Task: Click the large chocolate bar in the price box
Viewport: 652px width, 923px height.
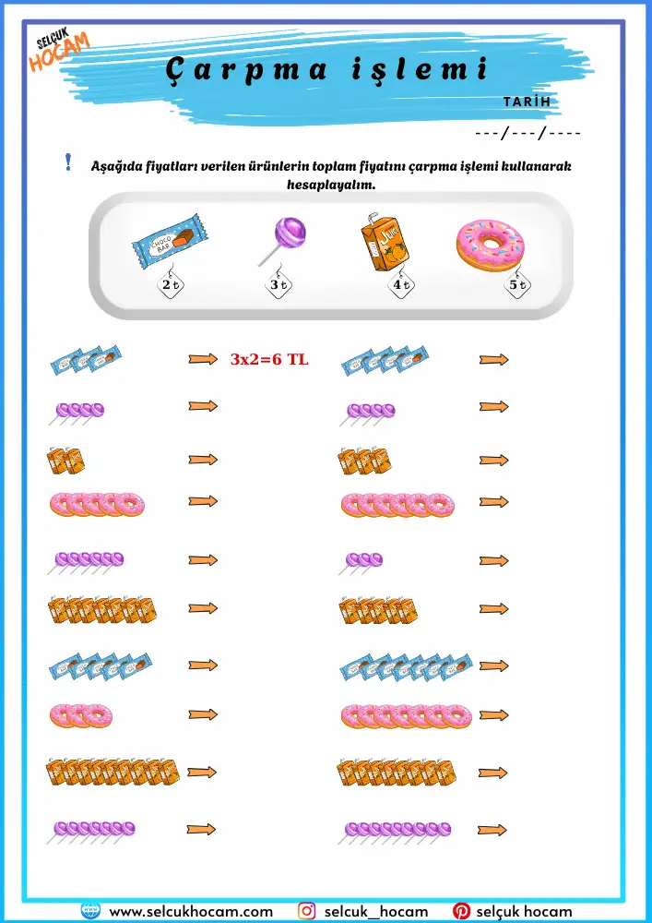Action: [x=171, y=239]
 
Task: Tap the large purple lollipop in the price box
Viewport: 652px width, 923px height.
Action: [x=282, y=241]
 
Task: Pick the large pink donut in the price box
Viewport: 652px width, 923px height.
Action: [x=491, y=245]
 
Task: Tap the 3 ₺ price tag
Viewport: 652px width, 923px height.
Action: [x=279, y=285]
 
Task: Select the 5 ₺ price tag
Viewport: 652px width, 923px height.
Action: [x=517, y=285]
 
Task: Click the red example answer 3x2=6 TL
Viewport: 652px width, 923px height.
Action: [x=269, y=360]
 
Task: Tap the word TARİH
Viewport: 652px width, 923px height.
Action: [x=528, y=102]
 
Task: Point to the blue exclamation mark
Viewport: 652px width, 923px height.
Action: [x=69, y=162]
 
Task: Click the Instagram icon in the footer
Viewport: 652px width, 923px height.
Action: [x=306, y=911]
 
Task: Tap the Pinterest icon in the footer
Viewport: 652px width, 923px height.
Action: [x=461, y=911]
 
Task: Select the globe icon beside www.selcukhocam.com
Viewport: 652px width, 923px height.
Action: [x=90, y=911]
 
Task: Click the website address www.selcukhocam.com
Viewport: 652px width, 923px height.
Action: [x=191, y=911]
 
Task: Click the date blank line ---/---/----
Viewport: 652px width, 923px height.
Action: [x=528, y=134]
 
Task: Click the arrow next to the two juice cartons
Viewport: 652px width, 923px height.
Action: [x=203, y=459]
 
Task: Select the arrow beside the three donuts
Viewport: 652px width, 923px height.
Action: [x=203, y=714]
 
